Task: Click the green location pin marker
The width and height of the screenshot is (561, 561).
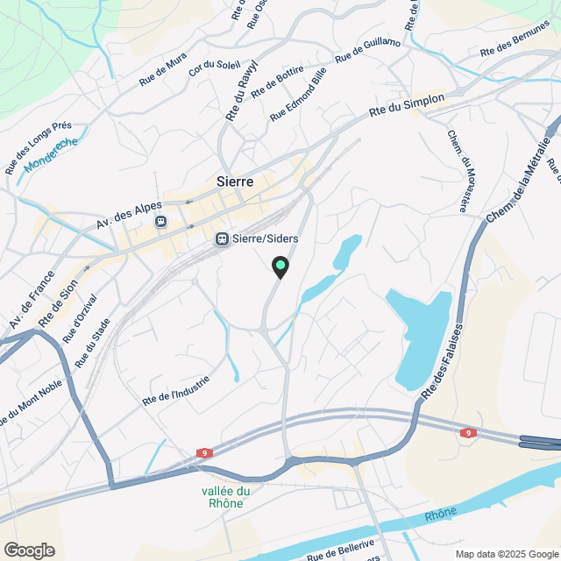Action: [x=280, y=266]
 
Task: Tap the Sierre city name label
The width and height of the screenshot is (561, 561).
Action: [x=234, y=182]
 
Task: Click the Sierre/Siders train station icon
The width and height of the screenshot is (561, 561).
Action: [x=223, y=238]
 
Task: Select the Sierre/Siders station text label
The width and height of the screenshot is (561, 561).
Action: [x=266, y=238]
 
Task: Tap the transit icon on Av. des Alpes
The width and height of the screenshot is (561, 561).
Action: [x=160, y=222]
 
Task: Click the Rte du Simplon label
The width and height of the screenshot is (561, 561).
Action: [x=407, y=106]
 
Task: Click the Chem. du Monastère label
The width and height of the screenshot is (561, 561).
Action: [x=458, y=172]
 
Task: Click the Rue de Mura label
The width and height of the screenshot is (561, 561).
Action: [x=163, y=69]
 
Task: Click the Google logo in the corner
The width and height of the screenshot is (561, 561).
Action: [x=28, y=550]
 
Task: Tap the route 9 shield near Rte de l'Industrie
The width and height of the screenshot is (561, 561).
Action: [x=204, y=453]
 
